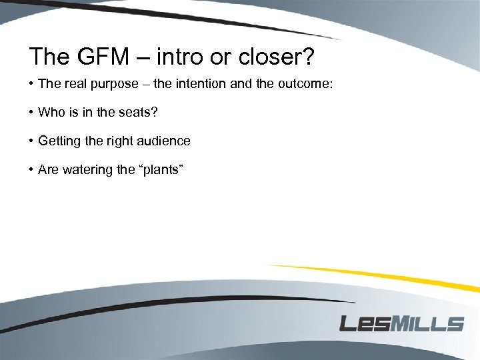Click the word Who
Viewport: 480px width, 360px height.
coord(51,112)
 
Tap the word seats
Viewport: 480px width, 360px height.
coord(137,112)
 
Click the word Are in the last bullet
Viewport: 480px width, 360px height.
coord(49,169)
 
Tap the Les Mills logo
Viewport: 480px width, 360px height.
coord(401,323)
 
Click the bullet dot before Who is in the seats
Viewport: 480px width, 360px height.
coord(31,112)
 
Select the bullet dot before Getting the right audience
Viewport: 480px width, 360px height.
coord(31,141)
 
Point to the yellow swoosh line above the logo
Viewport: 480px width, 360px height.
coord(373,275)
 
